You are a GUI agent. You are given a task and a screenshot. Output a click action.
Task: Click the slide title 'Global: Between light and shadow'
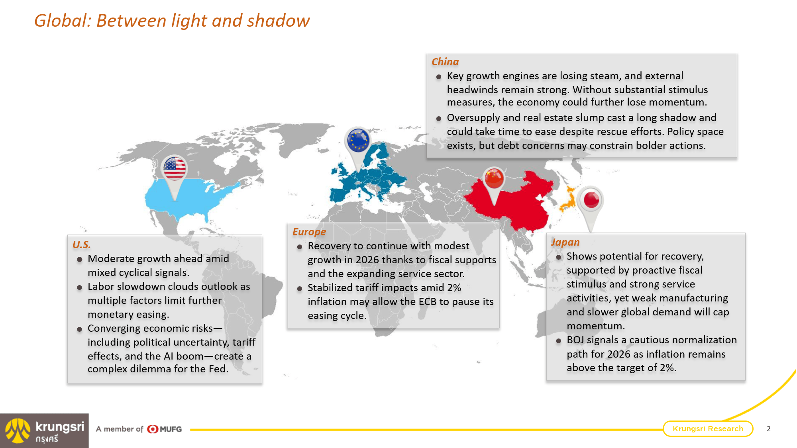coord(172,21)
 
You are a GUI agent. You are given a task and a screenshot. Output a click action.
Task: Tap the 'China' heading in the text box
coord(445,62)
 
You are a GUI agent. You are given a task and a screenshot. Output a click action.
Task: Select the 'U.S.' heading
coord(81,245)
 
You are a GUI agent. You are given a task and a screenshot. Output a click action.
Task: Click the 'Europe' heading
coord(309,232)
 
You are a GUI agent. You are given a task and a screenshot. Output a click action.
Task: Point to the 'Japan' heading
coord(565,242)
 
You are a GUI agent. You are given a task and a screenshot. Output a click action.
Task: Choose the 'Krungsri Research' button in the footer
coord(708,428)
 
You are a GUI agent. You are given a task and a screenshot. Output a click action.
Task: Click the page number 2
coord(768,429)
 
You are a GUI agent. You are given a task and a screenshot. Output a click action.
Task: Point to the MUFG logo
coord(164,429)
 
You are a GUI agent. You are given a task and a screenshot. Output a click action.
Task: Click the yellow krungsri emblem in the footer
coord(18,430)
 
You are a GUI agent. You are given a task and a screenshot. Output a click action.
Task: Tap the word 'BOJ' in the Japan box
coord(575,340)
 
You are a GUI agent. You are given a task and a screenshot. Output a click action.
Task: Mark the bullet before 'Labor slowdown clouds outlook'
coord(80,288)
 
